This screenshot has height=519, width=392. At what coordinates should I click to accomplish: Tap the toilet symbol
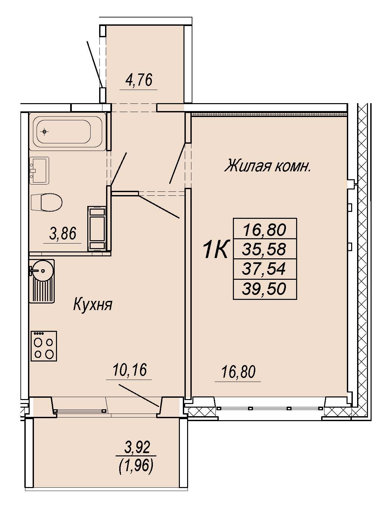(46, 202)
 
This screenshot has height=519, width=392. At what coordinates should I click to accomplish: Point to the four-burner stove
(44, 346)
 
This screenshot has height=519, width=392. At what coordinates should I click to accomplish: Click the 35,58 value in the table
(265, 249)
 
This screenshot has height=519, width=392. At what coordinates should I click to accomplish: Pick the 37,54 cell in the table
(265, 269)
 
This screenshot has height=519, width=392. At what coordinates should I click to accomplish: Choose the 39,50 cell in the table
(265, 289)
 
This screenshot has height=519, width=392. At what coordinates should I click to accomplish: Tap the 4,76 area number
(139, 80)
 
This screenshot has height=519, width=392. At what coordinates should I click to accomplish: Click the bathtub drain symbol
(44, 131)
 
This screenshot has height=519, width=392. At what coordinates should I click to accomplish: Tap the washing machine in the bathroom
(97, 228)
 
